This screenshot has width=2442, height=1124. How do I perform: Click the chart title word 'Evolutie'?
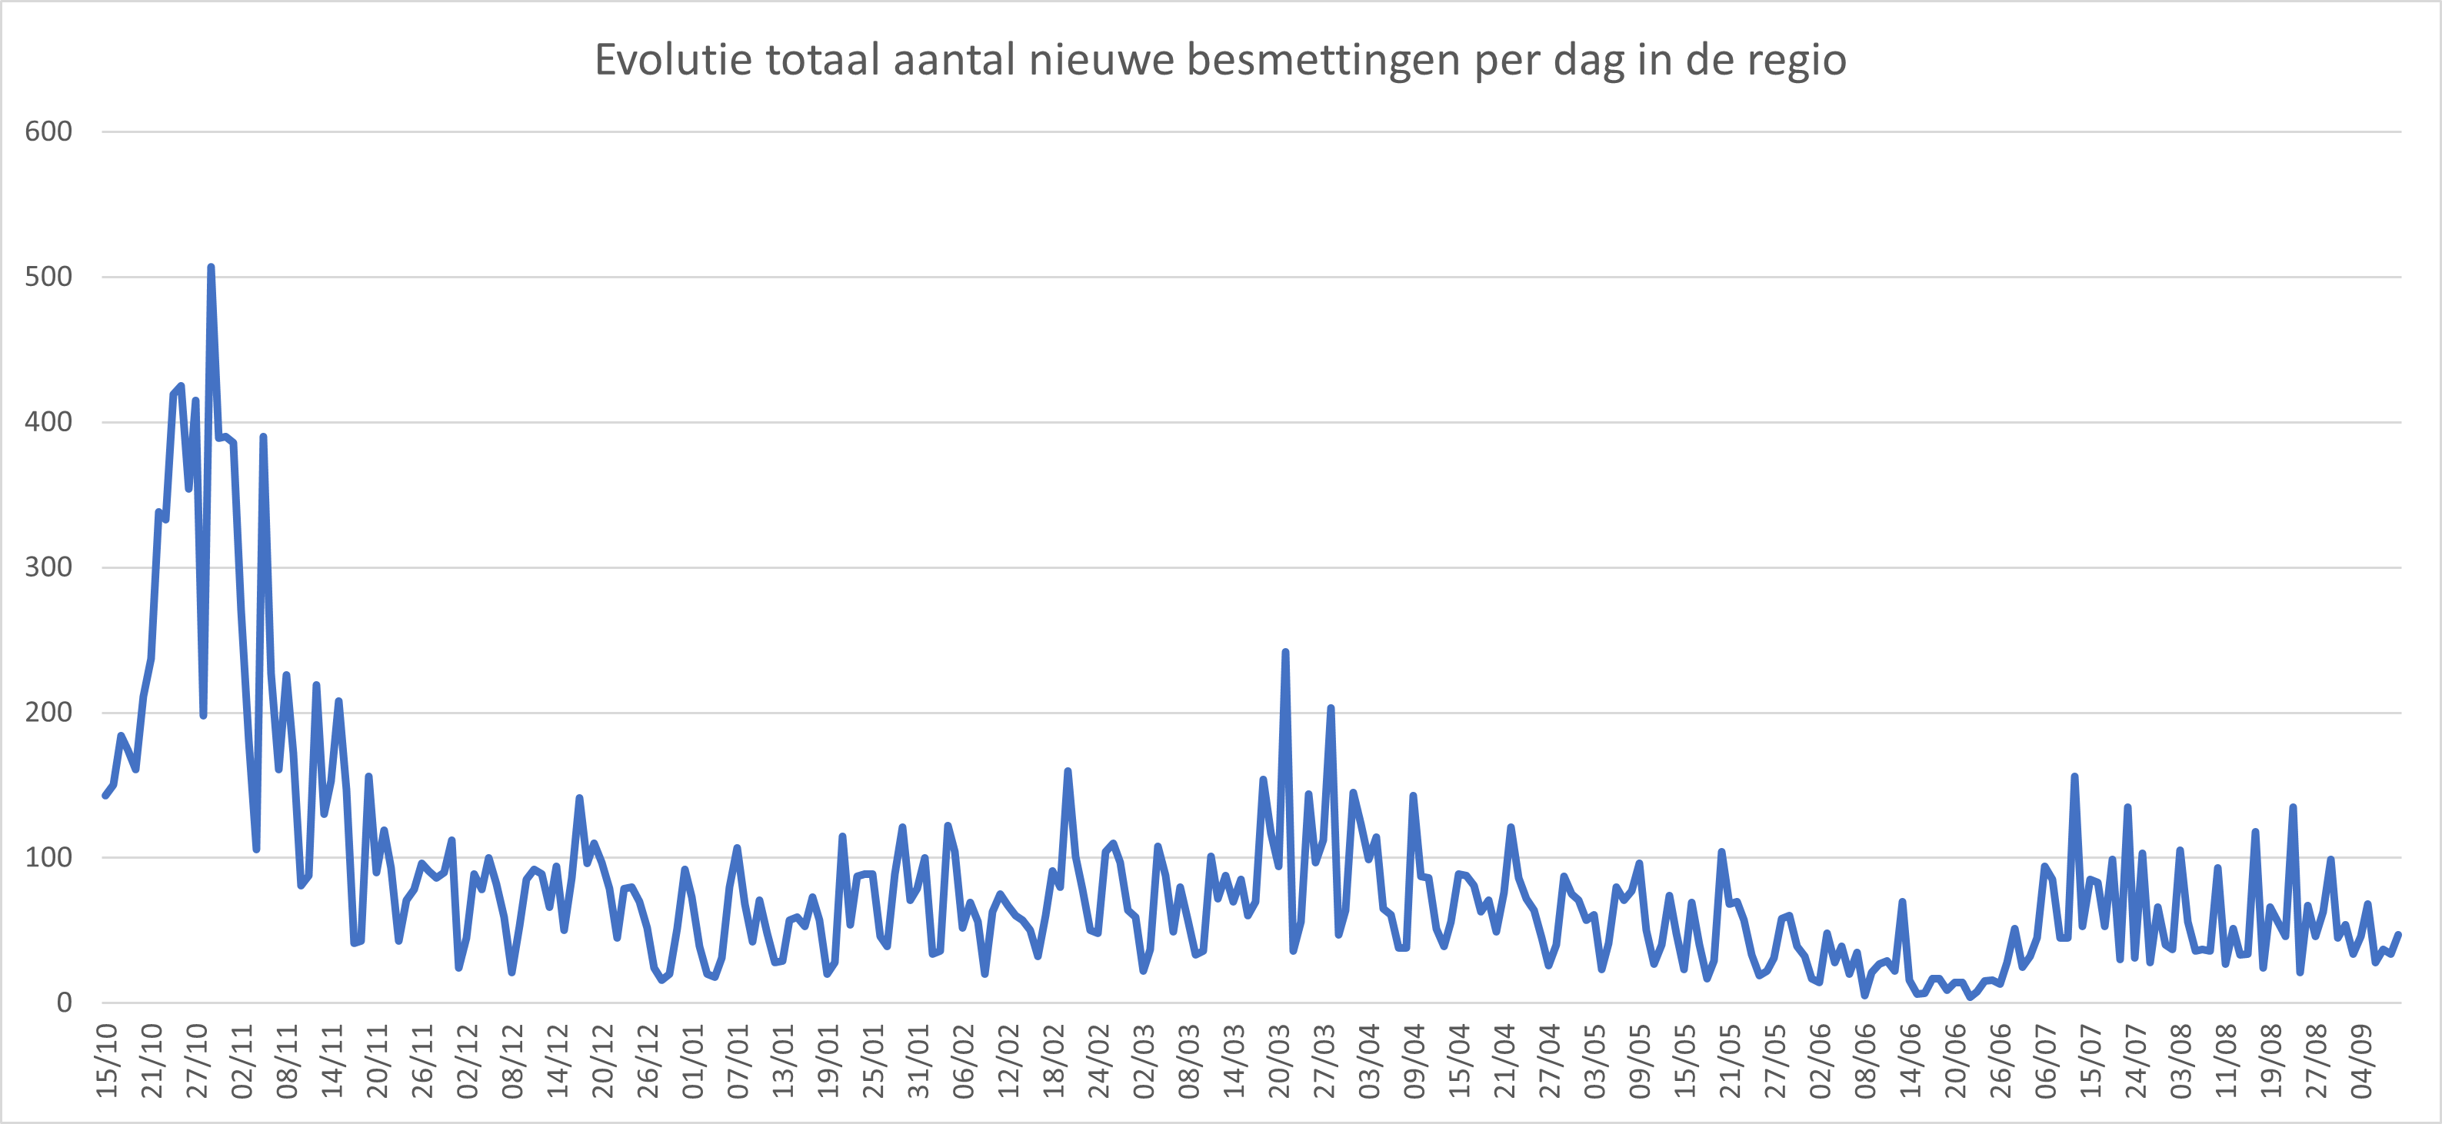[x=673, y=60]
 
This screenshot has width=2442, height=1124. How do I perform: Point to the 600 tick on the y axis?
[x=48, y=131]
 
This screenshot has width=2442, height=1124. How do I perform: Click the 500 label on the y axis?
[x=48, y=277]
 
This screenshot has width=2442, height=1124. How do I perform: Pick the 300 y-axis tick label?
[x=48, y=567]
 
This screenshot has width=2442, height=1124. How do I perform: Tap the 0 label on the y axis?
[x=64, y=1002]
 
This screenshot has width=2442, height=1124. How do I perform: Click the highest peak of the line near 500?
[x=211, y=268]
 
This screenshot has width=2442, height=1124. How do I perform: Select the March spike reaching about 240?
[x=1284, y=652]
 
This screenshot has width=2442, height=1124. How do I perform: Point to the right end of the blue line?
[x=2398, y=934]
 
